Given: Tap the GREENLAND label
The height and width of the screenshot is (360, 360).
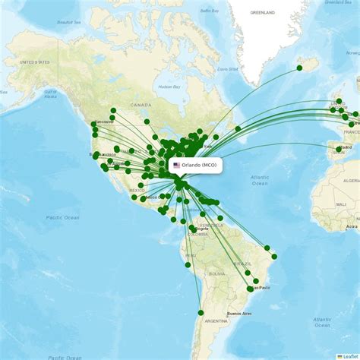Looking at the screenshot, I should point(263,13).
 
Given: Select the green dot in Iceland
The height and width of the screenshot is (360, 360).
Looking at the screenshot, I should point(299,68).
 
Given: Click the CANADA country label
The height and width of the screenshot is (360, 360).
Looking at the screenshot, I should point(141,105).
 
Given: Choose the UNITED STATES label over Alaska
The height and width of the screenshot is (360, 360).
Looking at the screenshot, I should point(33,62).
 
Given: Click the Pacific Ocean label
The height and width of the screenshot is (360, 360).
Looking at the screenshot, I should point(62,218).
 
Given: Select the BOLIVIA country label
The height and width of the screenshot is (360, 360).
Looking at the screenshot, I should point(218,273).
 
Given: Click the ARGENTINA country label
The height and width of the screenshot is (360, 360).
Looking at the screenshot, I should point(216,321).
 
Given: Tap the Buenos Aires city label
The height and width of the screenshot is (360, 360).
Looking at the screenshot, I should point(238,313).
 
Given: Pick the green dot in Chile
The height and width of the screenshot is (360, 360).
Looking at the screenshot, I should point(201,312).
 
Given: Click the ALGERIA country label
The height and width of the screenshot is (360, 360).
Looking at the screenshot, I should point(351,182).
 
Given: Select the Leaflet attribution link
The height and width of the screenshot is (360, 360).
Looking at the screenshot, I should point(349,356).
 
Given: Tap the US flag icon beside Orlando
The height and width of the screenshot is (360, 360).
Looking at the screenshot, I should point(177,165).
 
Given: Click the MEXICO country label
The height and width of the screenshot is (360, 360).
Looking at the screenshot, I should point(137,191).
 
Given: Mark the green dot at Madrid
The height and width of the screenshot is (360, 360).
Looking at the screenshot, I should point(339,149).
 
